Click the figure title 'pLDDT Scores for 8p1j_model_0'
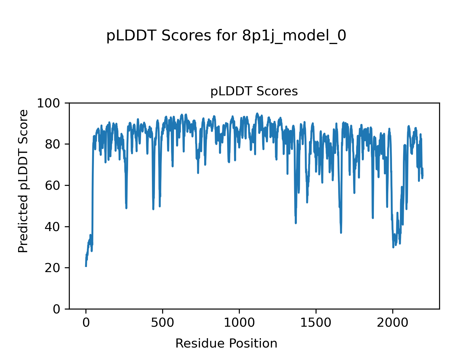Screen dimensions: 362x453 click(x=226, y=36)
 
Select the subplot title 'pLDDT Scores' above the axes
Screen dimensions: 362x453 click(x=254, y=91)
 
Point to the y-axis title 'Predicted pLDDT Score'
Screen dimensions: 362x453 click(x=23, y=181)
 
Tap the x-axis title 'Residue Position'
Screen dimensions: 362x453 click(x=226, y=343)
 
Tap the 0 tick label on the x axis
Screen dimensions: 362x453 click(x=86, y=323)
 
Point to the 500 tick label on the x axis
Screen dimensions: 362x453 click(x=163, y=323)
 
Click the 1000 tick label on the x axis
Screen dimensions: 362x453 click(x=239, y=323)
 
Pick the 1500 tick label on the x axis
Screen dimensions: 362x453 click(x=316, y=323)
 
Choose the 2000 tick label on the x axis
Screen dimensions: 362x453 click(x=393, y=323)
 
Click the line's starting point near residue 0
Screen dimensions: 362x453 click(x=86, y=266)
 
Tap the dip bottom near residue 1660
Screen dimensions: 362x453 click(x=341, y=233)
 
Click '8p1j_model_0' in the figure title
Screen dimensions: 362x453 click(x=294, y=36)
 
